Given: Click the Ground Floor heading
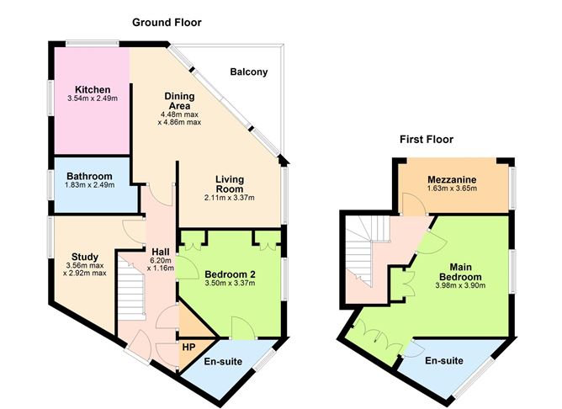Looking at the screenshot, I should [167, 22].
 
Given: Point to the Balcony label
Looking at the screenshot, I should [248, 72].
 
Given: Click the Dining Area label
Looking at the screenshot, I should [178, 101].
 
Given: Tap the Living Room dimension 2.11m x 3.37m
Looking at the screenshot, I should [229, 198].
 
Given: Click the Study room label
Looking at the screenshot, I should [85, 258].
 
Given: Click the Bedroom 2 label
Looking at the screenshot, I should [229, 273].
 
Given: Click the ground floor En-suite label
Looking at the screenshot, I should [223, 363].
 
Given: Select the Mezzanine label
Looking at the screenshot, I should [452, 179].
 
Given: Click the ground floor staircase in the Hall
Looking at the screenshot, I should [130, 290].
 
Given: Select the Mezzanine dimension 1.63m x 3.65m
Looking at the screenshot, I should [452, 189].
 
